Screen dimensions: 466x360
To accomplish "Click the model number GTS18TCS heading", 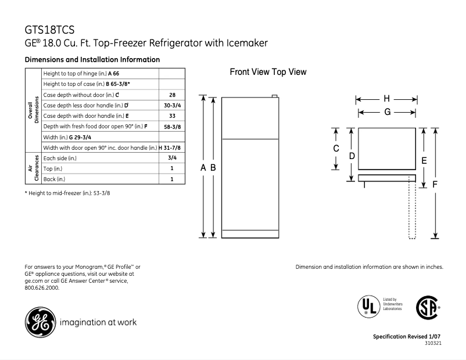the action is [49, 29].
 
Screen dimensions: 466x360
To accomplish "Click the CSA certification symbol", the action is [427, 306].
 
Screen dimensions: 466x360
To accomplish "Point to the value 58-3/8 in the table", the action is [171, 126].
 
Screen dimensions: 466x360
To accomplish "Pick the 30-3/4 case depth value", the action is [171, 105].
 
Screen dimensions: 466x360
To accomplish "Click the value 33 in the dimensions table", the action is [171, 116].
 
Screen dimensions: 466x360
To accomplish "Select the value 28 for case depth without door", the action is [171, 95].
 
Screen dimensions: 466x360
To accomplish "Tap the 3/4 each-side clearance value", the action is [171, 157].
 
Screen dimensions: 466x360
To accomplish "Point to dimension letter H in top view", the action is [386, 98].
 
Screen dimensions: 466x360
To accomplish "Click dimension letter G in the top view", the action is [386, 111].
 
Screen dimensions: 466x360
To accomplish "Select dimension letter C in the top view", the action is [336, 149].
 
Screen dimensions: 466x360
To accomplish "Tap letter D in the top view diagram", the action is [352, 156].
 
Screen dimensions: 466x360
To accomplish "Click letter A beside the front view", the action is [203, 167].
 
